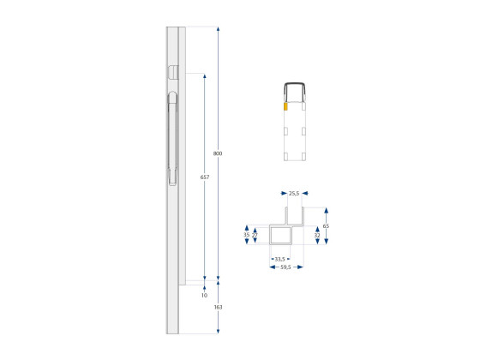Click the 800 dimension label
[x=218, y=153]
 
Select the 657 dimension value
[x=204, y=177]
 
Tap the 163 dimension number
[x=218, y=306]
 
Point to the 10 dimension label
[x=204, y=295]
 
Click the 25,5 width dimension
[x=294, y=194]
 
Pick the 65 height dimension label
[x=326, y=226]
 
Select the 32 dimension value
[x=317, y=234]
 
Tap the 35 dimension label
[x=246, y=234]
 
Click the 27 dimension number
[x=255, y=234]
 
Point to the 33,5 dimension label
[x=279, y=257]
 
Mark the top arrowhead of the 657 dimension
[x=204, y=75]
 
